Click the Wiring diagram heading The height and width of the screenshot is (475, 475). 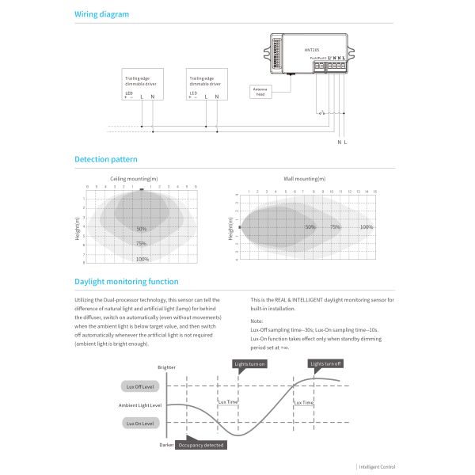pyautogui.click(x=101, y=14)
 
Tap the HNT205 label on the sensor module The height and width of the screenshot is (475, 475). pyautogui.click(x=311, y=50)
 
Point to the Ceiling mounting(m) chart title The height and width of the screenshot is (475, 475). pyautogui.click(x=133, y=179)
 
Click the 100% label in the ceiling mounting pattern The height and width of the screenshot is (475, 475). pyautogui.click(x=142, y=259)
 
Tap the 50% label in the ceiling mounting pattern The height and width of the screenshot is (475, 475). pyautogui.click(x=141, y=229)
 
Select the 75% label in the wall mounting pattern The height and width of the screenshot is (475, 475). pyautogui.click(x=335, y=227)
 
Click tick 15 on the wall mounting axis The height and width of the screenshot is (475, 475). pyautogui.click(x=375, y=192)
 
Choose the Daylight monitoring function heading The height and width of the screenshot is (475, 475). pyautogui.click(x=126, y=282)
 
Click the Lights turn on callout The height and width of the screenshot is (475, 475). pyautogui.click(x=250, y=363)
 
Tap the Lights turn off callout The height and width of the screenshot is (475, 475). pyautogui.click(x=325, y=363)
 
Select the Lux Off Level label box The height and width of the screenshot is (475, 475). pyautogui.click(x=141, y=386)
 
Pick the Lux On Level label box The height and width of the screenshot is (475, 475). pyautogui.click(x=141, y=424)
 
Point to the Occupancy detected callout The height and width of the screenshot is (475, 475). pyautogui.click(x=201, y=446)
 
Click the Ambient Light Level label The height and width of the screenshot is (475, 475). pyautogui.click(x=139, y=405)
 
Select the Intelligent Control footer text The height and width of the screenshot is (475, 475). pyautogui.click(x=376, y=467)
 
